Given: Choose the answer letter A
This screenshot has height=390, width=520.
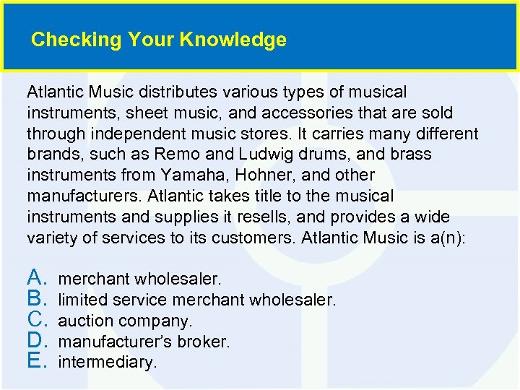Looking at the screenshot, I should [x=37, y=277].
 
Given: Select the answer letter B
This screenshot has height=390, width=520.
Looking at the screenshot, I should [x=37, y=298].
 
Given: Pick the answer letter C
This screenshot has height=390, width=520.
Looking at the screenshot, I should [x=37, y=318].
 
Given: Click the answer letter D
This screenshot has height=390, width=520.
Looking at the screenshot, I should [x=37, y=339].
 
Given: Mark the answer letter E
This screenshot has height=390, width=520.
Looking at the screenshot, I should [x=37, y=360].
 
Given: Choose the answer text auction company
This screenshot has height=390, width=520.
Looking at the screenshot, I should [x=125, y=320].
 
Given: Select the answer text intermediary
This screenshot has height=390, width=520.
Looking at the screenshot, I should [x=107, y=362].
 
